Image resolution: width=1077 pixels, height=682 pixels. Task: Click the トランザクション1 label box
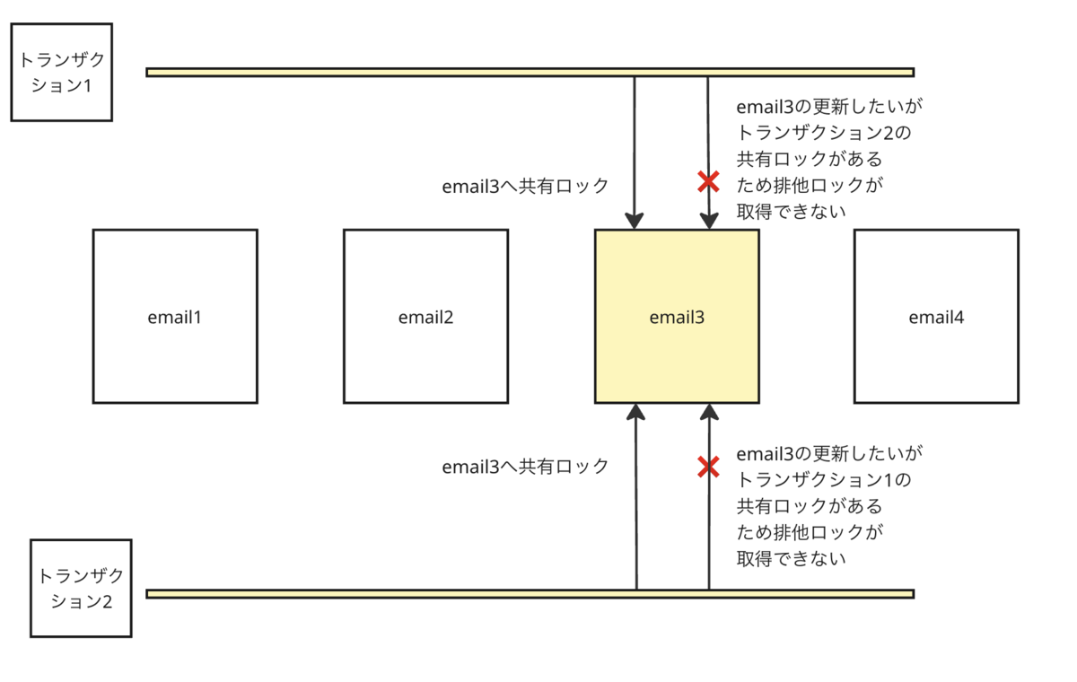point(61,73)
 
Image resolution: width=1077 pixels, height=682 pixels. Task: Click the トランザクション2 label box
point(81,589)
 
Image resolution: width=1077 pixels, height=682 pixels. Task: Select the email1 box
point(175,316)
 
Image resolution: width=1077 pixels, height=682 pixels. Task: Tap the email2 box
point(425,316)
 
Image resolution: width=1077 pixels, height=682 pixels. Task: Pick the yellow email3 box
point(677,316)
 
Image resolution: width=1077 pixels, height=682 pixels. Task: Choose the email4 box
point(936,316)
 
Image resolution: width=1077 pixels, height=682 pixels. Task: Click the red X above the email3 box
point(709,182)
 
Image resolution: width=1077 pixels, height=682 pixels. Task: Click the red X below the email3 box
point(709,467)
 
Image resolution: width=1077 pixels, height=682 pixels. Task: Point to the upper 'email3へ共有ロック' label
point(525,186)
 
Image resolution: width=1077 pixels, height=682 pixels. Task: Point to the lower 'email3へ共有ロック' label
point(525,467)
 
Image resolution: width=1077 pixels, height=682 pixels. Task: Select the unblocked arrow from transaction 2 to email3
point(636,520)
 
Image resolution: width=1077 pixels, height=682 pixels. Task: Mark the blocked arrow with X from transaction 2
point(709,538)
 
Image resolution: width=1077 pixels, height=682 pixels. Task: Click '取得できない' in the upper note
point(792,211)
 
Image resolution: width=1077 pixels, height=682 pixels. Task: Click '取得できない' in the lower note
point(792,558)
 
